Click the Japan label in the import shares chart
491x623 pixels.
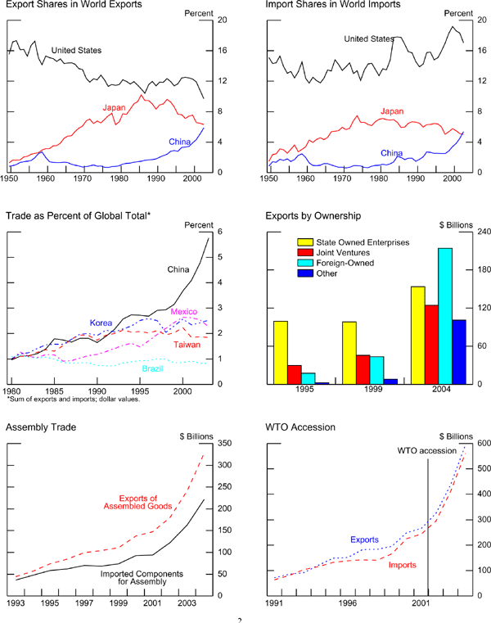393,112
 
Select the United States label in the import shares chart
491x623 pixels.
368,38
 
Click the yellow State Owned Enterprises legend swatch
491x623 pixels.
304,242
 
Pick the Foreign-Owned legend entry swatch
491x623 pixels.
304,263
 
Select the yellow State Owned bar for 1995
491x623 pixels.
281,352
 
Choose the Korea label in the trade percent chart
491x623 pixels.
101,323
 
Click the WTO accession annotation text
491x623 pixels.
426,451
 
